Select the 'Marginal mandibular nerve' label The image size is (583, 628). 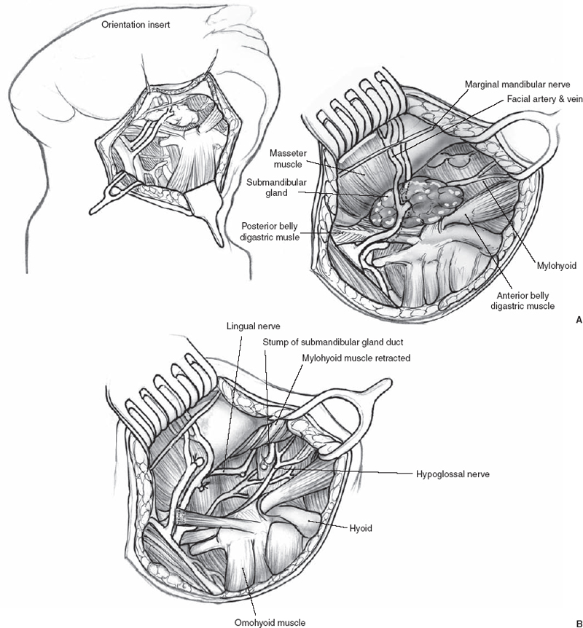tap(517, 83)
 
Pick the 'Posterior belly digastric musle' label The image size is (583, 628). tap(278, 231)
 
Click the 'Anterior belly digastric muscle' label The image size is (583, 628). tap(523, 301)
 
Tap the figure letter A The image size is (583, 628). tap(578, 319)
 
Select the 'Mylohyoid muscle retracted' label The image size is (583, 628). tap(356, 358)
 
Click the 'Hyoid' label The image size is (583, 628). tap(362, 527)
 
